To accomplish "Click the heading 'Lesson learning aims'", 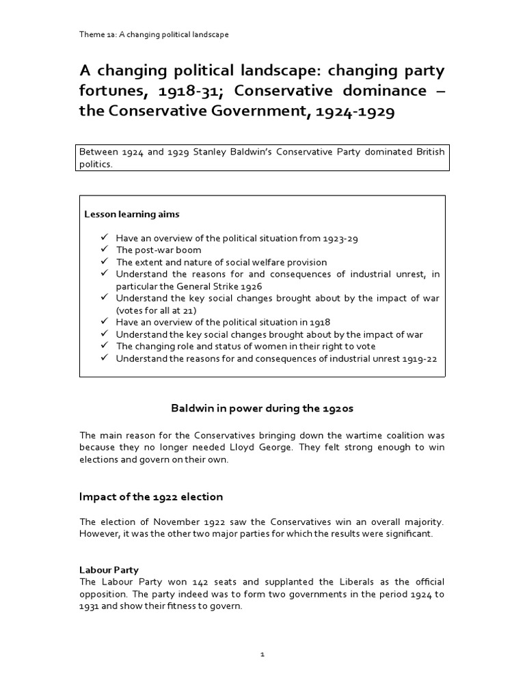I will [x=132, y=214].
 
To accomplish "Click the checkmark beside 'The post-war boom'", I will [x=104, y=250].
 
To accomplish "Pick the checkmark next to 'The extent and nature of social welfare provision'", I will [x=104, y=262].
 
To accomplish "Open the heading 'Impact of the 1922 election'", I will [x=151, y=497].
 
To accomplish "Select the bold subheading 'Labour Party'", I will [x=109, y=569].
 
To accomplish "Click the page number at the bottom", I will [x=262, y=654].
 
